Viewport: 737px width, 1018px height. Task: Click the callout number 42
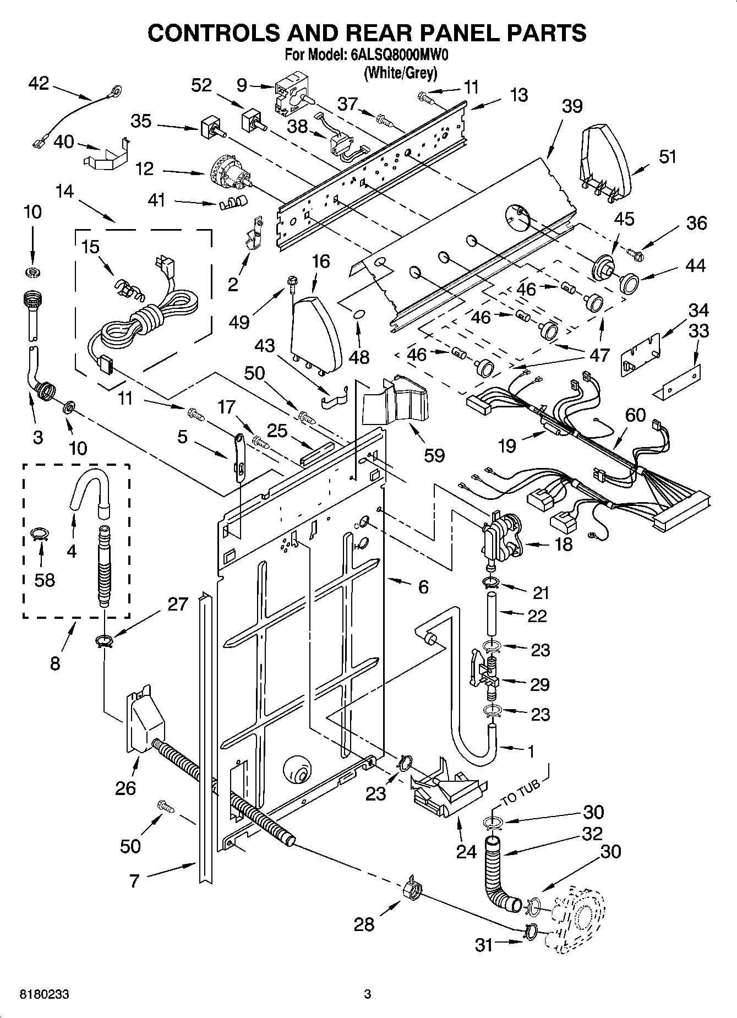point(38,83)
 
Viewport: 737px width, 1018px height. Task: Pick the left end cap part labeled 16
point(315,334)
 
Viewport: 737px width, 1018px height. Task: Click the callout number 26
point(125,788)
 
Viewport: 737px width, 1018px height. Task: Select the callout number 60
point(635,415)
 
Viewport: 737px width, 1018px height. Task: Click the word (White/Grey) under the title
point(400,73)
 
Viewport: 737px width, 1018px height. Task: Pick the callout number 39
point(572,106)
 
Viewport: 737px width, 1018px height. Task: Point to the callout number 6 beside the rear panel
point(423,587)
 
